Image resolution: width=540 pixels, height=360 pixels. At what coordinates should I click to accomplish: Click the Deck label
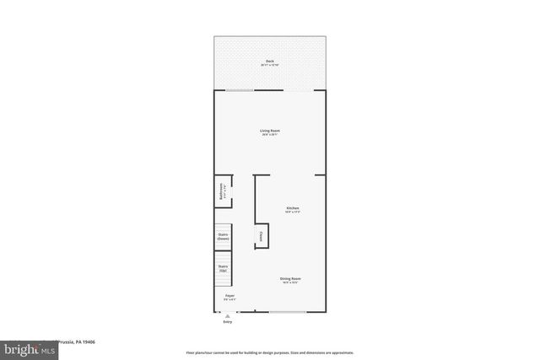click(x=270, y=62)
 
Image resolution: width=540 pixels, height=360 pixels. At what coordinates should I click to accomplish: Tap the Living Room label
click(x=270, y=130)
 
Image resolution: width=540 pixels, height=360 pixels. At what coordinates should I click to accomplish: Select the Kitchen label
click(x=293, y=207)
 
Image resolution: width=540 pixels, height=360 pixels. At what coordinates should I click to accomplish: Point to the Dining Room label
click(x=291, y=278)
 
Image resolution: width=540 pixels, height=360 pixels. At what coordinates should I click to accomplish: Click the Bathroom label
click(x=222, y=191)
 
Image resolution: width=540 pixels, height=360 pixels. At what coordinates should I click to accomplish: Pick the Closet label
click(x=262, y=237)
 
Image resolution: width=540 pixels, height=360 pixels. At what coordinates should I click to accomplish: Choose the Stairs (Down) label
click(x=224, y=237)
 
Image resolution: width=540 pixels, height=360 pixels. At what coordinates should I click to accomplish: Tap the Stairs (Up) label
click(x=224, y=269)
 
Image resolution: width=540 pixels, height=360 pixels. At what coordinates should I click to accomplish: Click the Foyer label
click(x=229, y=295)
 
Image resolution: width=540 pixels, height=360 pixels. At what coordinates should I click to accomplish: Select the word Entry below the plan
click(x=227, y=322)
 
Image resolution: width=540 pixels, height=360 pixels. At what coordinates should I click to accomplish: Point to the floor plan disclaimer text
click(x=270, y=352)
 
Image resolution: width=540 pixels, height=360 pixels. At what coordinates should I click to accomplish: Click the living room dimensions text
click(x=270, y=135)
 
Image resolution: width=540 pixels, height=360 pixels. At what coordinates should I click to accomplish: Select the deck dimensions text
click(x=270, y=66)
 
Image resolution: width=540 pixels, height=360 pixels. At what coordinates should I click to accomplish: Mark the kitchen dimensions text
click(x=293, y=212)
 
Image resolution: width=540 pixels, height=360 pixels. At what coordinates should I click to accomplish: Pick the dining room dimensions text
click(x=291, y=283)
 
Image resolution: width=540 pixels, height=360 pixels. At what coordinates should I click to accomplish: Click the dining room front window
click(x=288, y=312)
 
